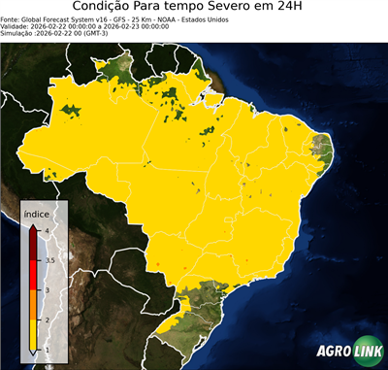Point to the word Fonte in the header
point(10,18)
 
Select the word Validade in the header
point(14,25)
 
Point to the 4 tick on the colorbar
point(45,230)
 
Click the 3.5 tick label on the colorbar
point(48,260)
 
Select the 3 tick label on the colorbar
point(46,290)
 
